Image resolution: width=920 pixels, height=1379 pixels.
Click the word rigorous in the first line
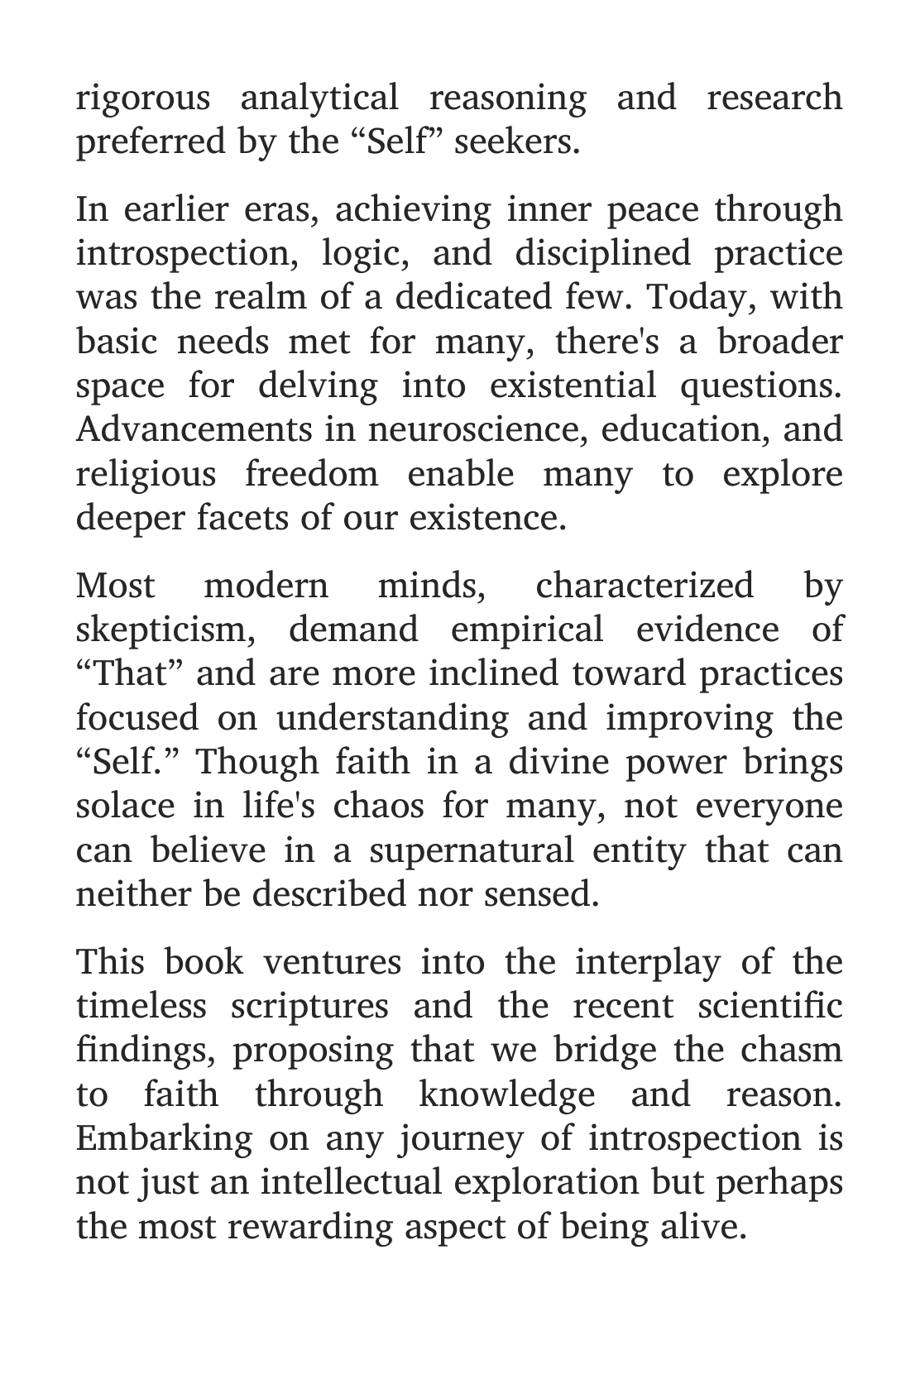143,98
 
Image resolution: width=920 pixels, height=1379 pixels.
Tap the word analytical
319,98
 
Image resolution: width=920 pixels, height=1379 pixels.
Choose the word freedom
311,475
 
